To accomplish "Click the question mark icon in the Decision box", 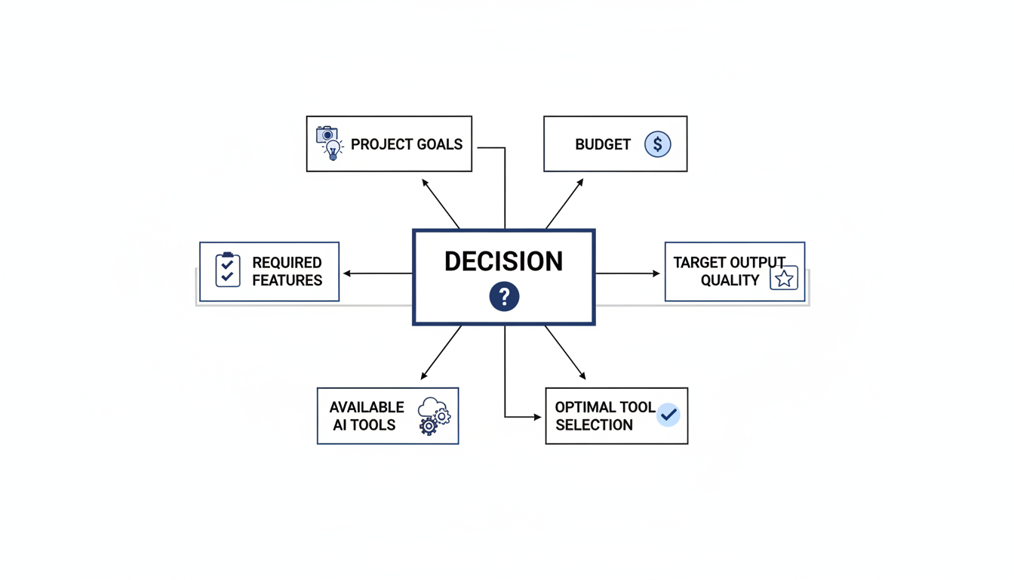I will coord(504,296).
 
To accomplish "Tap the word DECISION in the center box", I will coord(503,261).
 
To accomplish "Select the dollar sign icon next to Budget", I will coord(658,144).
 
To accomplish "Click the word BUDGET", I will coord(602,144).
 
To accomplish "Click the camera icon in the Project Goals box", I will coord(326,134).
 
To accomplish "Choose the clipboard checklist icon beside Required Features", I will coord(228,270).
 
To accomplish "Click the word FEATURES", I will coord(287,280).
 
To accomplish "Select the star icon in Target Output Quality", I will coord(784,279).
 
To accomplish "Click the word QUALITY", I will coord(730,280).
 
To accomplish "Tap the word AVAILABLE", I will coord(367,407).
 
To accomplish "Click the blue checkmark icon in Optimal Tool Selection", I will coord(668,415).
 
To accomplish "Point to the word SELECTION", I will coord(594,425).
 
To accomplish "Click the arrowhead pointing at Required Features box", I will coord(347,273).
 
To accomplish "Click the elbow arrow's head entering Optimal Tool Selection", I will coord(538,417).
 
